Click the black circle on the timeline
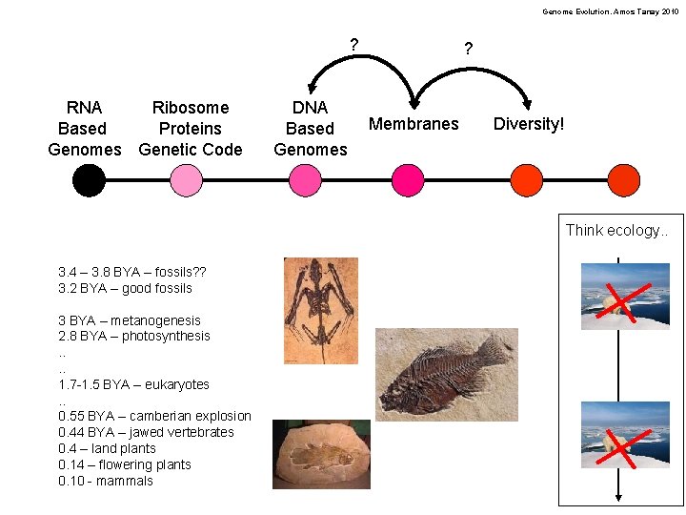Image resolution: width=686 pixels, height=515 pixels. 89,180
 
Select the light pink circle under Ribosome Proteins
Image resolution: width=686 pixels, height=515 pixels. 186,180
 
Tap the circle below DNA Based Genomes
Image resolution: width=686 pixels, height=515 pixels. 307,180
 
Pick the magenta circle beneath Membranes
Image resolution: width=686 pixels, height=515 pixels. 408,180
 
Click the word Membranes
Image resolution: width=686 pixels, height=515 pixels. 414,124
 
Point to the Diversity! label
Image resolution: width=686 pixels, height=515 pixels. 529,124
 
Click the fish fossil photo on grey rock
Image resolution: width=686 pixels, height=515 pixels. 446,375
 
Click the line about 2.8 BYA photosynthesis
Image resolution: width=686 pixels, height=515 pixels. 133,336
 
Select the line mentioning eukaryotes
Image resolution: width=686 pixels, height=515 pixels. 133,384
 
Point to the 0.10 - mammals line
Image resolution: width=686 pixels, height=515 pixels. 105,481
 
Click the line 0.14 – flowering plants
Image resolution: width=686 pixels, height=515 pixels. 124,464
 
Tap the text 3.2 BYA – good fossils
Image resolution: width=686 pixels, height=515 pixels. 125,288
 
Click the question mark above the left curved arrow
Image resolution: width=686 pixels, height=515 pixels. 354,44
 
